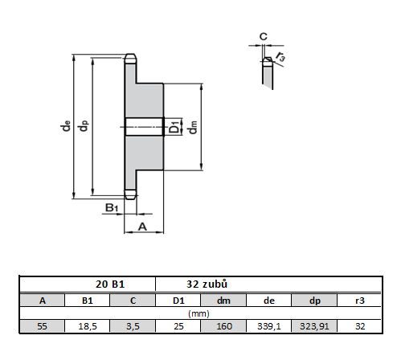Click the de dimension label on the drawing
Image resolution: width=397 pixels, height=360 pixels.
point(66,126)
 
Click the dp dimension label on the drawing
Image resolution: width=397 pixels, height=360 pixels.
point(84,126)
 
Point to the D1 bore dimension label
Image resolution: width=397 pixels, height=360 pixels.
point(174,127)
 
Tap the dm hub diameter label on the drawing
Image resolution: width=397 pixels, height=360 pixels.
point(193,127)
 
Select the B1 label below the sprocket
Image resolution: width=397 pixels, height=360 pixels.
point(112,207)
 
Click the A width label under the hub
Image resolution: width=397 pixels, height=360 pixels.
point(142,227)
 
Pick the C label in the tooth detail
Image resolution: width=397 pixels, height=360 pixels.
point(264,36)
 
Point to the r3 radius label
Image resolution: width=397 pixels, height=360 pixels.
point(280,56)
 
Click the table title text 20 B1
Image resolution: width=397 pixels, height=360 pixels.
point(110,284)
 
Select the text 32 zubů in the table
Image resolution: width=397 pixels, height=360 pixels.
point(207,284)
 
